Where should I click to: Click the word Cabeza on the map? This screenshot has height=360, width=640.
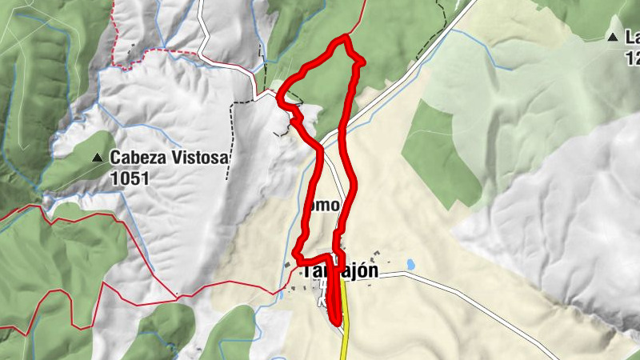coord(138,158)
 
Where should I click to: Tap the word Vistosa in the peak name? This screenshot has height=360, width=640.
coord(198,158)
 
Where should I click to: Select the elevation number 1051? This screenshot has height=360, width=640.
coord(130,178)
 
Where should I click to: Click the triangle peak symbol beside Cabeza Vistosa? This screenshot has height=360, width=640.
coord(98,158)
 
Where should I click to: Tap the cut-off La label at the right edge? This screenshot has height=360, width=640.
coord(632,37)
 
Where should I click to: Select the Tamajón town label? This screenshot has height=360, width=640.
coord(339,273)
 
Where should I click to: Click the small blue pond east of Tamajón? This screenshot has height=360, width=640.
coord(410,263)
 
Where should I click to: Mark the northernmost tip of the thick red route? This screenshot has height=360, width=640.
coord(346,37)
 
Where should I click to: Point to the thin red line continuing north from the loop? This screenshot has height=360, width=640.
coord(358,16)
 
